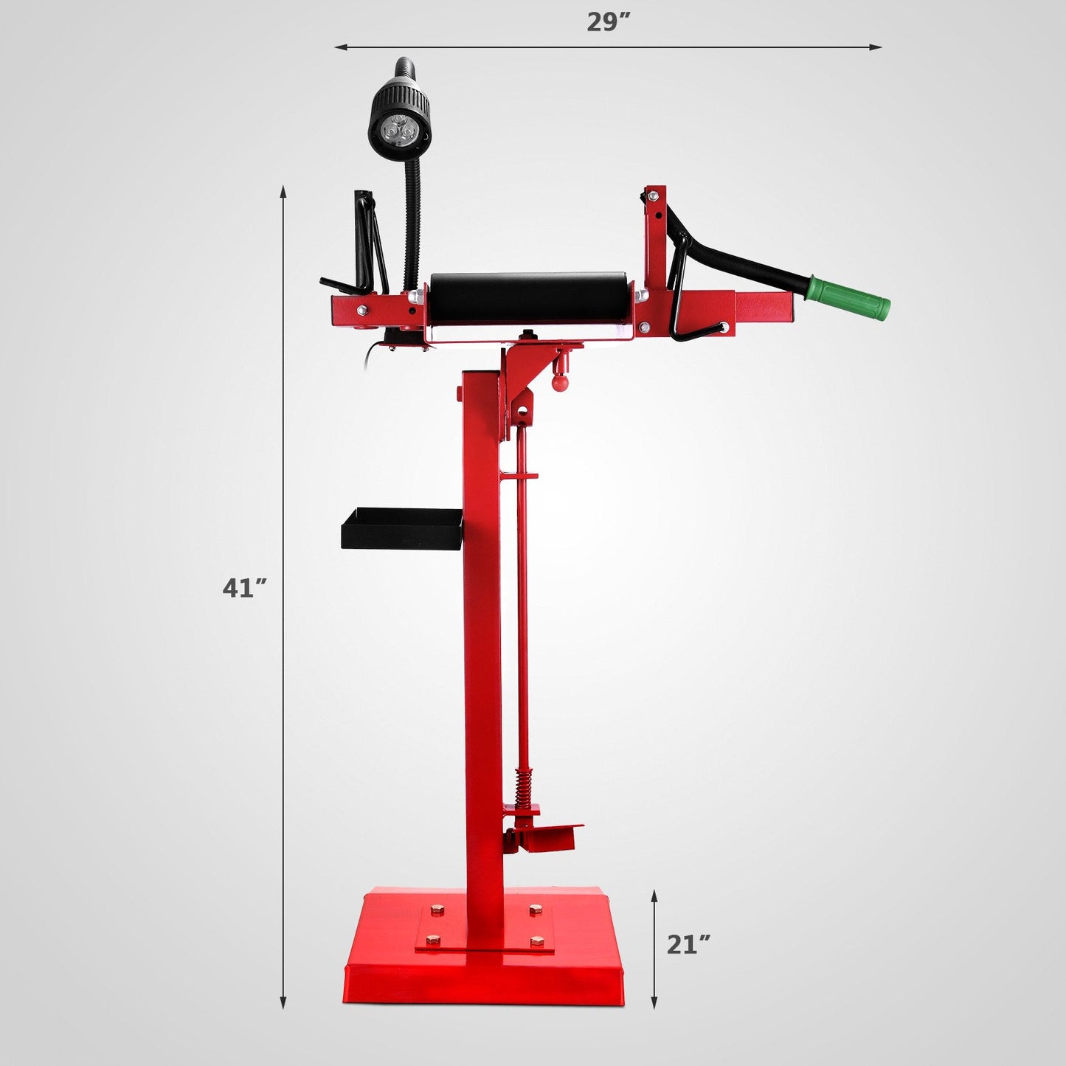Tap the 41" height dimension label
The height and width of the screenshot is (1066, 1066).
[x=244, y=588]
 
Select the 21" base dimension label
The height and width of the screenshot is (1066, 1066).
[x=688, y=944]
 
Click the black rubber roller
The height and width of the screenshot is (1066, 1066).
[x=528, y=297]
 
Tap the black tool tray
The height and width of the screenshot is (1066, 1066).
[x=401, y=528]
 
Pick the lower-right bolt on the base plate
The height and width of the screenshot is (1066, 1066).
[x=536, y=942]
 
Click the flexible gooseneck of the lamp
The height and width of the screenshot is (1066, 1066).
[x=409, y=214]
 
